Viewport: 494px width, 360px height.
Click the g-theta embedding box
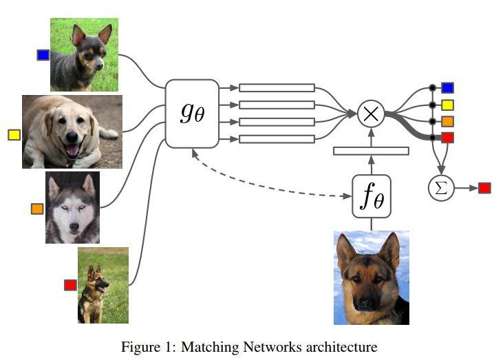click(x=192, y=113)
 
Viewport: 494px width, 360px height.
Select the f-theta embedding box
click(x=372, y=196)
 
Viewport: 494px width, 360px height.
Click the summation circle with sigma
click(x=442, y=188)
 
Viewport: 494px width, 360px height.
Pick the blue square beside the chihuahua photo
click(x=43, y=55)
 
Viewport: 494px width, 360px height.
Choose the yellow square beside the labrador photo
click(x=14, y=135)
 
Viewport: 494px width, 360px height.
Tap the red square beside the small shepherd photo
click(x=70, y=285)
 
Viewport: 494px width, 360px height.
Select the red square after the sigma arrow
click(x=484, y=188)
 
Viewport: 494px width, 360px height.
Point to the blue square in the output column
click(x=447, y=87)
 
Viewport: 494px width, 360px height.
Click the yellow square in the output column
click(x=447, y=105)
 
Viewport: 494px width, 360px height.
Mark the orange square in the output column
click(x=447, y=121)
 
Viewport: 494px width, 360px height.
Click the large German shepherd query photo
click(x=372, y=278)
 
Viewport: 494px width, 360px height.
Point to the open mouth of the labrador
click(x=72, y=151)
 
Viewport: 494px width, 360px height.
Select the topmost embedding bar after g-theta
click(x=277, y=87)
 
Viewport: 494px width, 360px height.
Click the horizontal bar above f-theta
click(x=372, y=151)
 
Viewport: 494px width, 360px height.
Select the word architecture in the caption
click(x=339, y=346)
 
